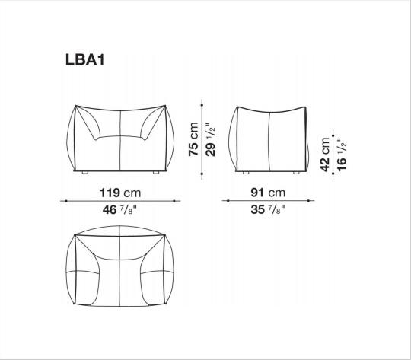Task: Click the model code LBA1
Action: point(85,59)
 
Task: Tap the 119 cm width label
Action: point(120,193)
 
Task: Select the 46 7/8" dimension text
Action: point(119,210)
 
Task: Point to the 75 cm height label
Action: point(193,139)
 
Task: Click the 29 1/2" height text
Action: point(211,139)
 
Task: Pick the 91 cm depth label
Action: point(268,193)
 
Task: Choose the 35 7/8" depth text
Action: point(268,210)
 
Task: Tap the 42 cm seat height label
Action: point(325,155)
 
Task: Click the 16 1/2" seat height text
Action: point(342,155)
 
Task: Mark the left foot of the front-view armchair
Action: point(84,173)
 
